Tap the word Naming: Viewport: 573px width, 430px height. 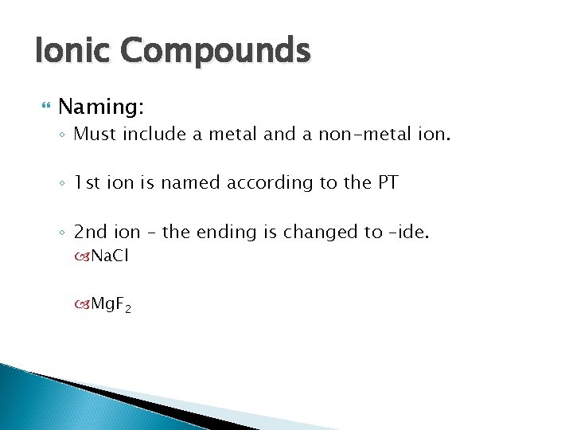(99, 106)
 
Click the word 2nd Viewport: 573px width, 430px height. (92, 232)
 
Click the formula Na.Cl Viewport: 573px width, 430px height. (111, 256)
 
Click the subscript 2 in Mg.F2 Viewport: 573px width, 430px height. (127, 308)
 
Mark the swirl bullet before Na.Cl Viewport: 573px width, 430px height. (84, 256)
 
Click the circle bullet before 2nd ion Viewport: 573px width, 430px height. (62, 233)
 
